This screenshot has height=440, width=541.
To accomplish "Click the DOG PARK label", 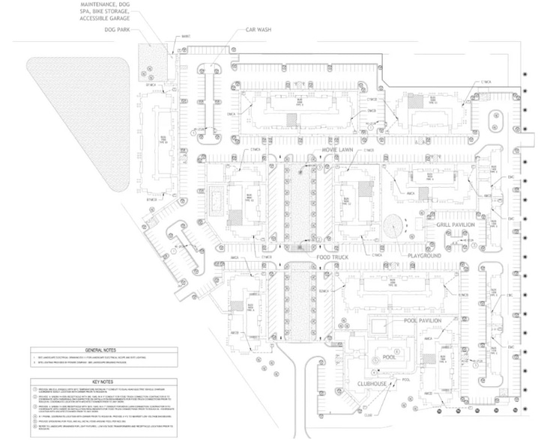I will (x=118, y=31).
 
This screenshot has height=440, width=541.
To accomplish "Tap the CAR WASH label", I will (x=257, y=31).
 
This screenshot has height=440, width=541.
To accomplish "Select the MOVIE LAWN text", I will (x=337, y=150).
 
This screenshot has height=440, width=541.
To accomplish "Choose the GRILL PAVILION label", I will (x=451, y=224).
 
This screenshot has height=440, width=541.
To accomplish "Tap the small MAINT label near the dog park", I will (x=184, y=35).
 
